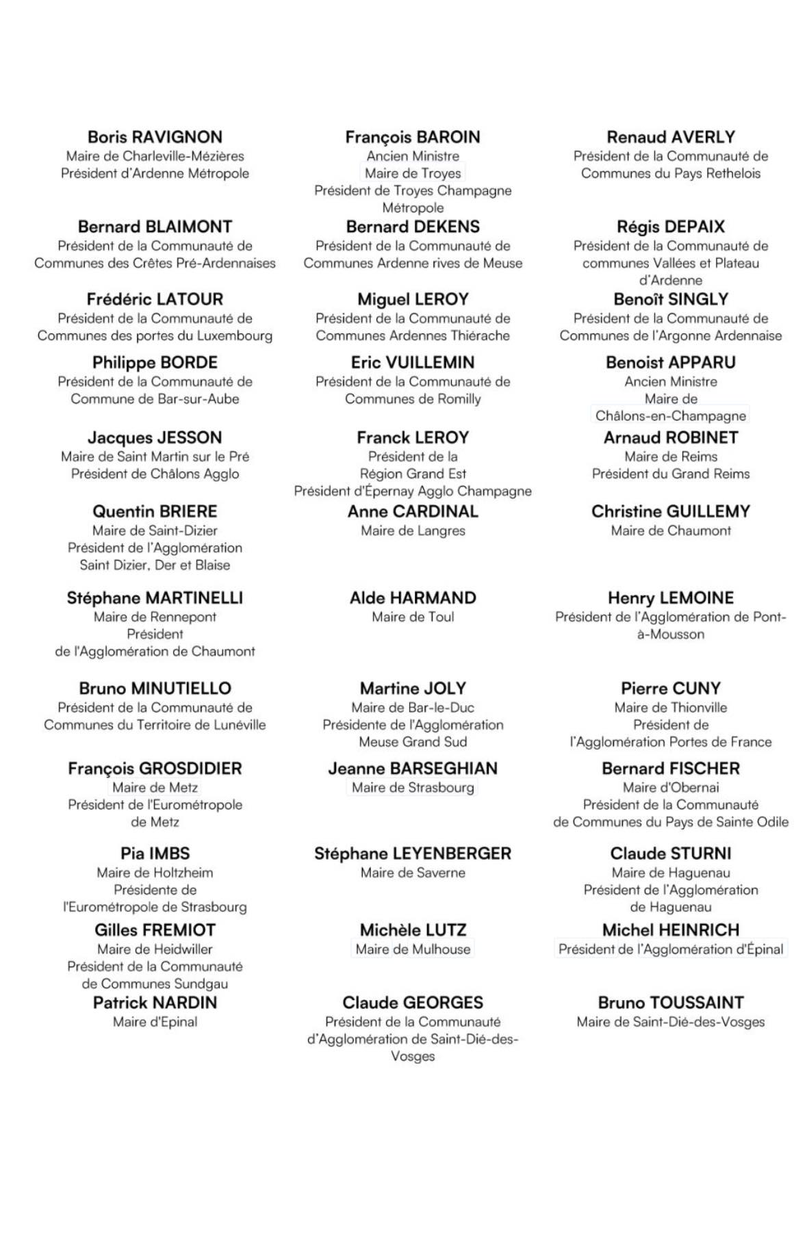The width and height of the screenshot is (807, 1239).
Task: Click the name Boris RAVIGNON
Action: click(x=155, y=137)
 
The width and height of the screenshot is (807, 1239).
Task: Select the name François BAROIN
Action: click(x=413, y=137)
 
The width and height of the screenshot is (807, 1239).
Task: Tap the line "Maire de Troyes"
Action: click(x=413, y=173)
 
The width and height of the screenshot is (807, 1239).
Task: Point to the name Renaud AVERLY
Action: click(x=671, y=137)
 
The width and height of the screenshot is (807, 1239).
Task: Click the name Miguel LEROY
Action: click(x=413, y=299)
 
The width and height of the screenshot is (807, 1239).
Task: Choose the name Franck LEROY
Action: click(x=413, y=437)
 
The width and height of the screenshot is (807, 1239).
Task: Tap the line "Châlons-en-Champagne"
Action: click(x=671, y=416)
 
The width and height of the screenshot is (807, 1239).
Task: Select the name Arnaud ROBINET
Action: click(x=671, y=437)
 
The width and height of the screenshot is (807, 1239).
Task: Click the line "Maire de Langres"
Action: click(x=413, y=531)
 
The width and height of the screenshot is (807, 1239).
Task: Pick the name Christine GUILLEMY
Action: click(x=671, y=511)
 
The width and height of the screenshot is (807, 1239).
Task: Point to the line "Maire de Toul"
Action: click(x=413, y=617)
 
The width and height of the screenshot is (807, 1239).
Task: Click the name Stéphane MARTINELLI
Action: click(x=155, y=598)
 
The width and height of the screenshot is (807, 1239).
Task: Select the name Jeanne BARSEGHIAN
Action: click(x=413, y=768)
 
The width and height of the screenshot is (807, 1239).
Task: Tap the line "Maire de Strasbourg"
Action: click(x=413, y=787)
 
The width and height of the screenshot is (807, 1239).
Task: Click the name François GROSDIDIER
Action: click(x=155, y=768)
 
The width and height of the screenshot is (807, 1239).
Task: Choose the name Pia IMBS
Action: click(x=155, y=854)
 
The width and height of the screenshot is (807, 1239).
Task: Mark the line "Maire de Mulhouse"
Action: click(x=413, y=949)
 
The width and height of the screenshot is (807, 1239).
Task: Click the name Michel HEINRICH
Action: click(x=671, y=930)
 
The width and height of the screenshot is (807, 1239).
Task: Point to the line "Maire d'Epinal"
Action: click(x=155, y=1022)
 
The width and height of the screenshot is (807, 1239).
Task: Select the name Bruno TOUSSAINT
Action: click(x=671, y=1003)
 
